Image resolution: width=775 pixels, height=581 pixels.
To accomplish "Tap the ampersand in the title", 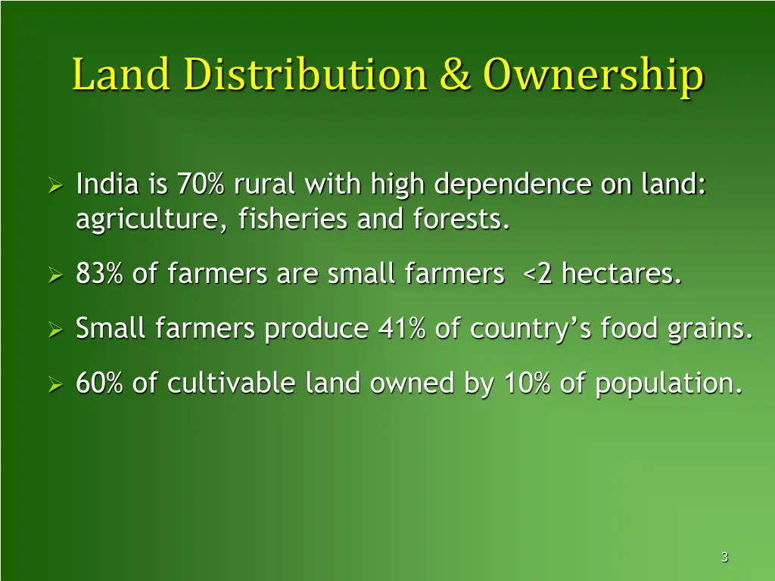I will (x=456, y=76).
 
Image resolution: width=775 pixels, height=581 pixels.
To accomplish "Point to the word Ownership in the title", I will (x=593, y=77).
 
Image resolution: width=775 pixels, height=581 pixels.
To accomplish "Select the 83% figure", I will (x=100, y=275).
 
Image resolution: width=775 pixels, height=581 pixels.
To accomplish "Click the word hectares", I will (x=621, y=275).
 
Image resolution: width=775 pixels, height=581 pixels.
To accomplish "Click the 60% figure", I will (x=100, y=384).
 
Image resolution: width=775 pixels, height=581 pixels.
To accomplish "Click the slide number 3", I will (x=724, y=558).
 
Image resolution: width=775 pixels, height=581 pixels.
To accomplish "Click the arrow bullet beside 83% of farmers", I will (x=54, y=276).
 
